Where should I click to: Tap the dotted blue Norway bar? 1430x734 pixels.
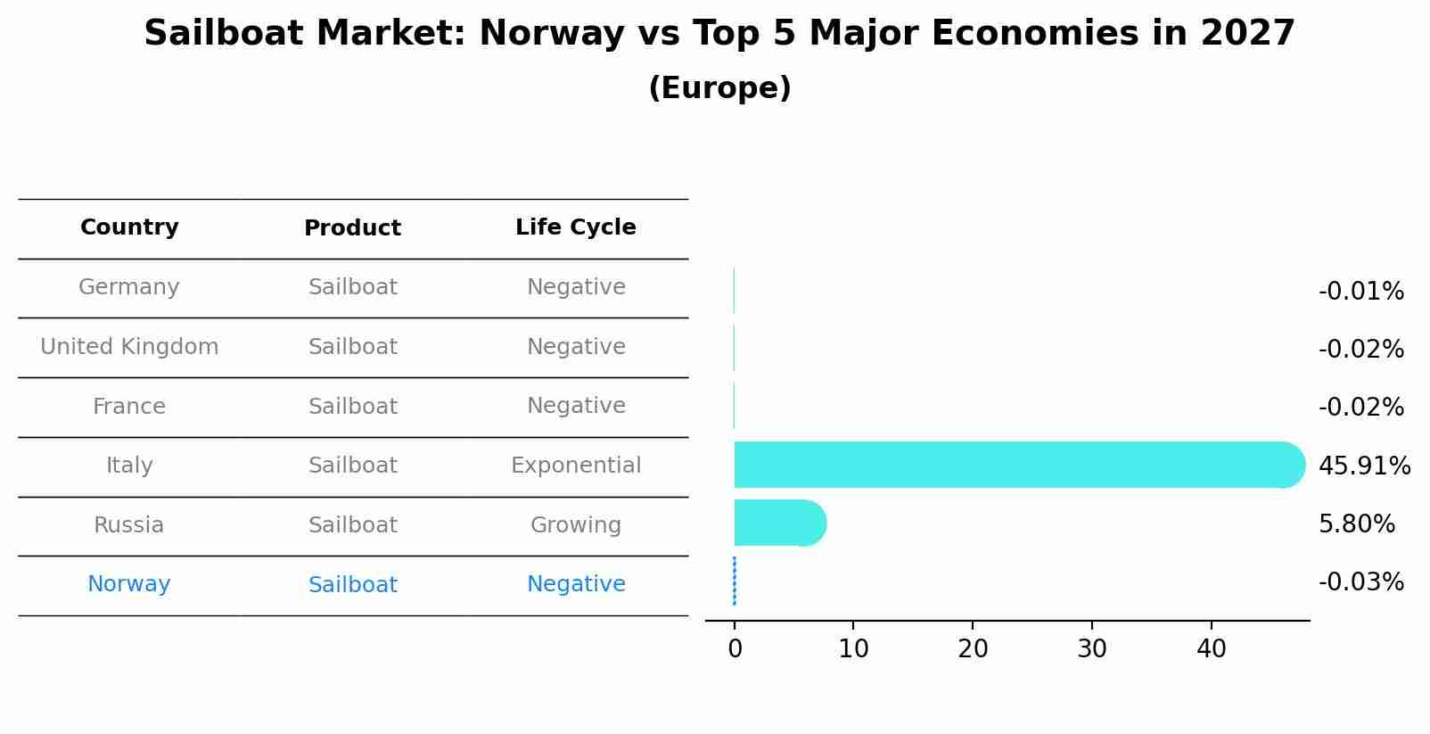734,581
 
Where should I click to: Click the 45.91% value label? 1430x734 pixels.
1364,466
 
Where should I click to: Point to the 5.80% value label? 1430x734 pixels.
1356,524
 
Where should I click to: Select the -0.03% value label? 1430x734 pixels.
1360,582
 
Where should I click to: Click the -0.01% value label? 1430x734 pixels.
1360,292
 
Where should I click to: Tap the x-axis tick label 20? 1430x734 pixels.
973,649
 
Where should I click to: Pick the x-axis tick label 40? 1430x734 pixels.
1211,649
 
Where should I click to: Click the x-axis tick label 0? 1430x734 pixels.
735,649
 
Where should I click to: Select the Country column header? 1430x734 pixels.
129,227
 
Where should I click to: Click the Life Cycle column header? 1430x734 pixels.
576,227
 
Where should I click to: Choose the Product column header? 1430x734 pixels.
352,228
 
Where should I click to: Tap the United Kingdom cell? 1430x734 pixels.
129,347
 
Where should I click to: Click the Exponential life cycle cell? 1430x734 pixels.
576,466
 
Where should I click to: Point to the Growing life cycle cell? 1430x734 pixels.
576,525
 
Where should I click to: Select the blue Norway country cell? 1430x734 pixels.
129,584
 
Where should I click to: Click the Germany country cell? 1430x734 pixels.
129,287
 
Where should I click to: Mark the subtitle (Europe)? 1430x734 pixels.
719,88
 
